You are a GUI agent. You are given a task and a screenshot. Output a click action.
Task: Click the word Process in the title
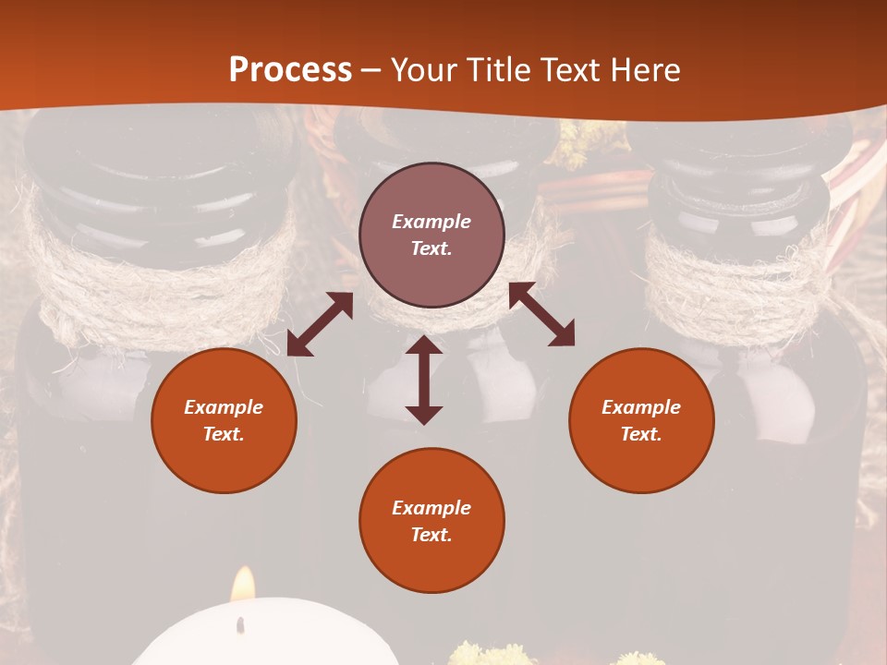[290, 69]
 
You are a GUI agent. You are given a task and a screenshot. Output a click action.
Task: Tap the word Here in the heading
[644, 69]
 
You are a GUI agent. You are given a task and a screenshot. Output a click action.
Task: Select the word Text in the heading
[568, 69]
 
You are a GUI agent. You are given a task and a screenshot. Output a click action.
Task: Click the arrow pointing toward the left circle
[320, 324]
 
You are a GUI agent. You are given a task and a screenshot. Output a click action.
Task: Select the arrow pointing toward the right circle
[541, 314]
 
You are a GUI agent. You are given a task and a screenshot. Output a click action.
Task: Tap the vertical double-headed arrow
[424, 381]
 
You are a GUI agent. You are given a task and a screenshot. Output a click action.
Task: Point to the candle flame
[243, 585]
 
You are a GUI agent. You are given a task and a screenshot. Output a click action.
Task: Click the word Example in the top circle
[431, 222]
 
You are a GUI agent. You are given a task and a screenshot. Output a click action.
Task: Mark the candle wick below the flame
[241, 625]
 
